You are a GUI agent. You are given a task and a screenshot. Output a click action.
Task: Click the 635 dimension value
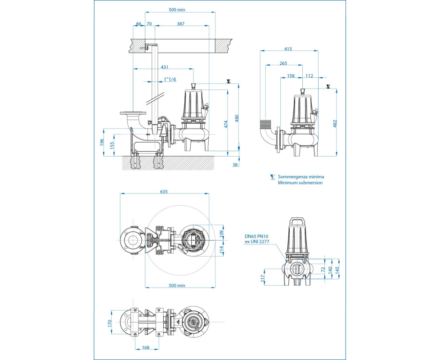164,191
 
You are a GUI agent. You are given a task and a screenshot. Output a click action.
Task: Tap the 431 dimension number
165,67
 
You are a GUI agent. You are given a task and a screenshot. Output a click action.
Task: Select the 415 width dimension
288,49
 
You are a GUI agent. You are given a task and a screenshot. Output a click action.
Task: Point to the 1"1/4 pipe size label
170,79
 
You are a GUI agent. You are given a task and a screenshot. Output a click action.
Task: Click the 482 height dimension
334,124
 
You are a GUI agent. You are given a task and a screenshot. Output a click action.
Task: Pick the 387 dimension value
181,24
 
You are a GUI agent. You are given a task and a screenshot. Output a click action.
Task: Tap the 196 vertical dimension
102,142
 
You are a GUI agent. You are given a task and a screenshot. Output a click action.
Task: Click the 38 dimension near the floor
235,165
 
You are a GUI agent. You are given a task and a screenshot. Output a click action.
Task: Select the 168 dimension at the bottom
146,347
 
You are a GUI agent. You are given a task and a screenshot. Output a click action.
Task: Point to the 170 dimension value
110,323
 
